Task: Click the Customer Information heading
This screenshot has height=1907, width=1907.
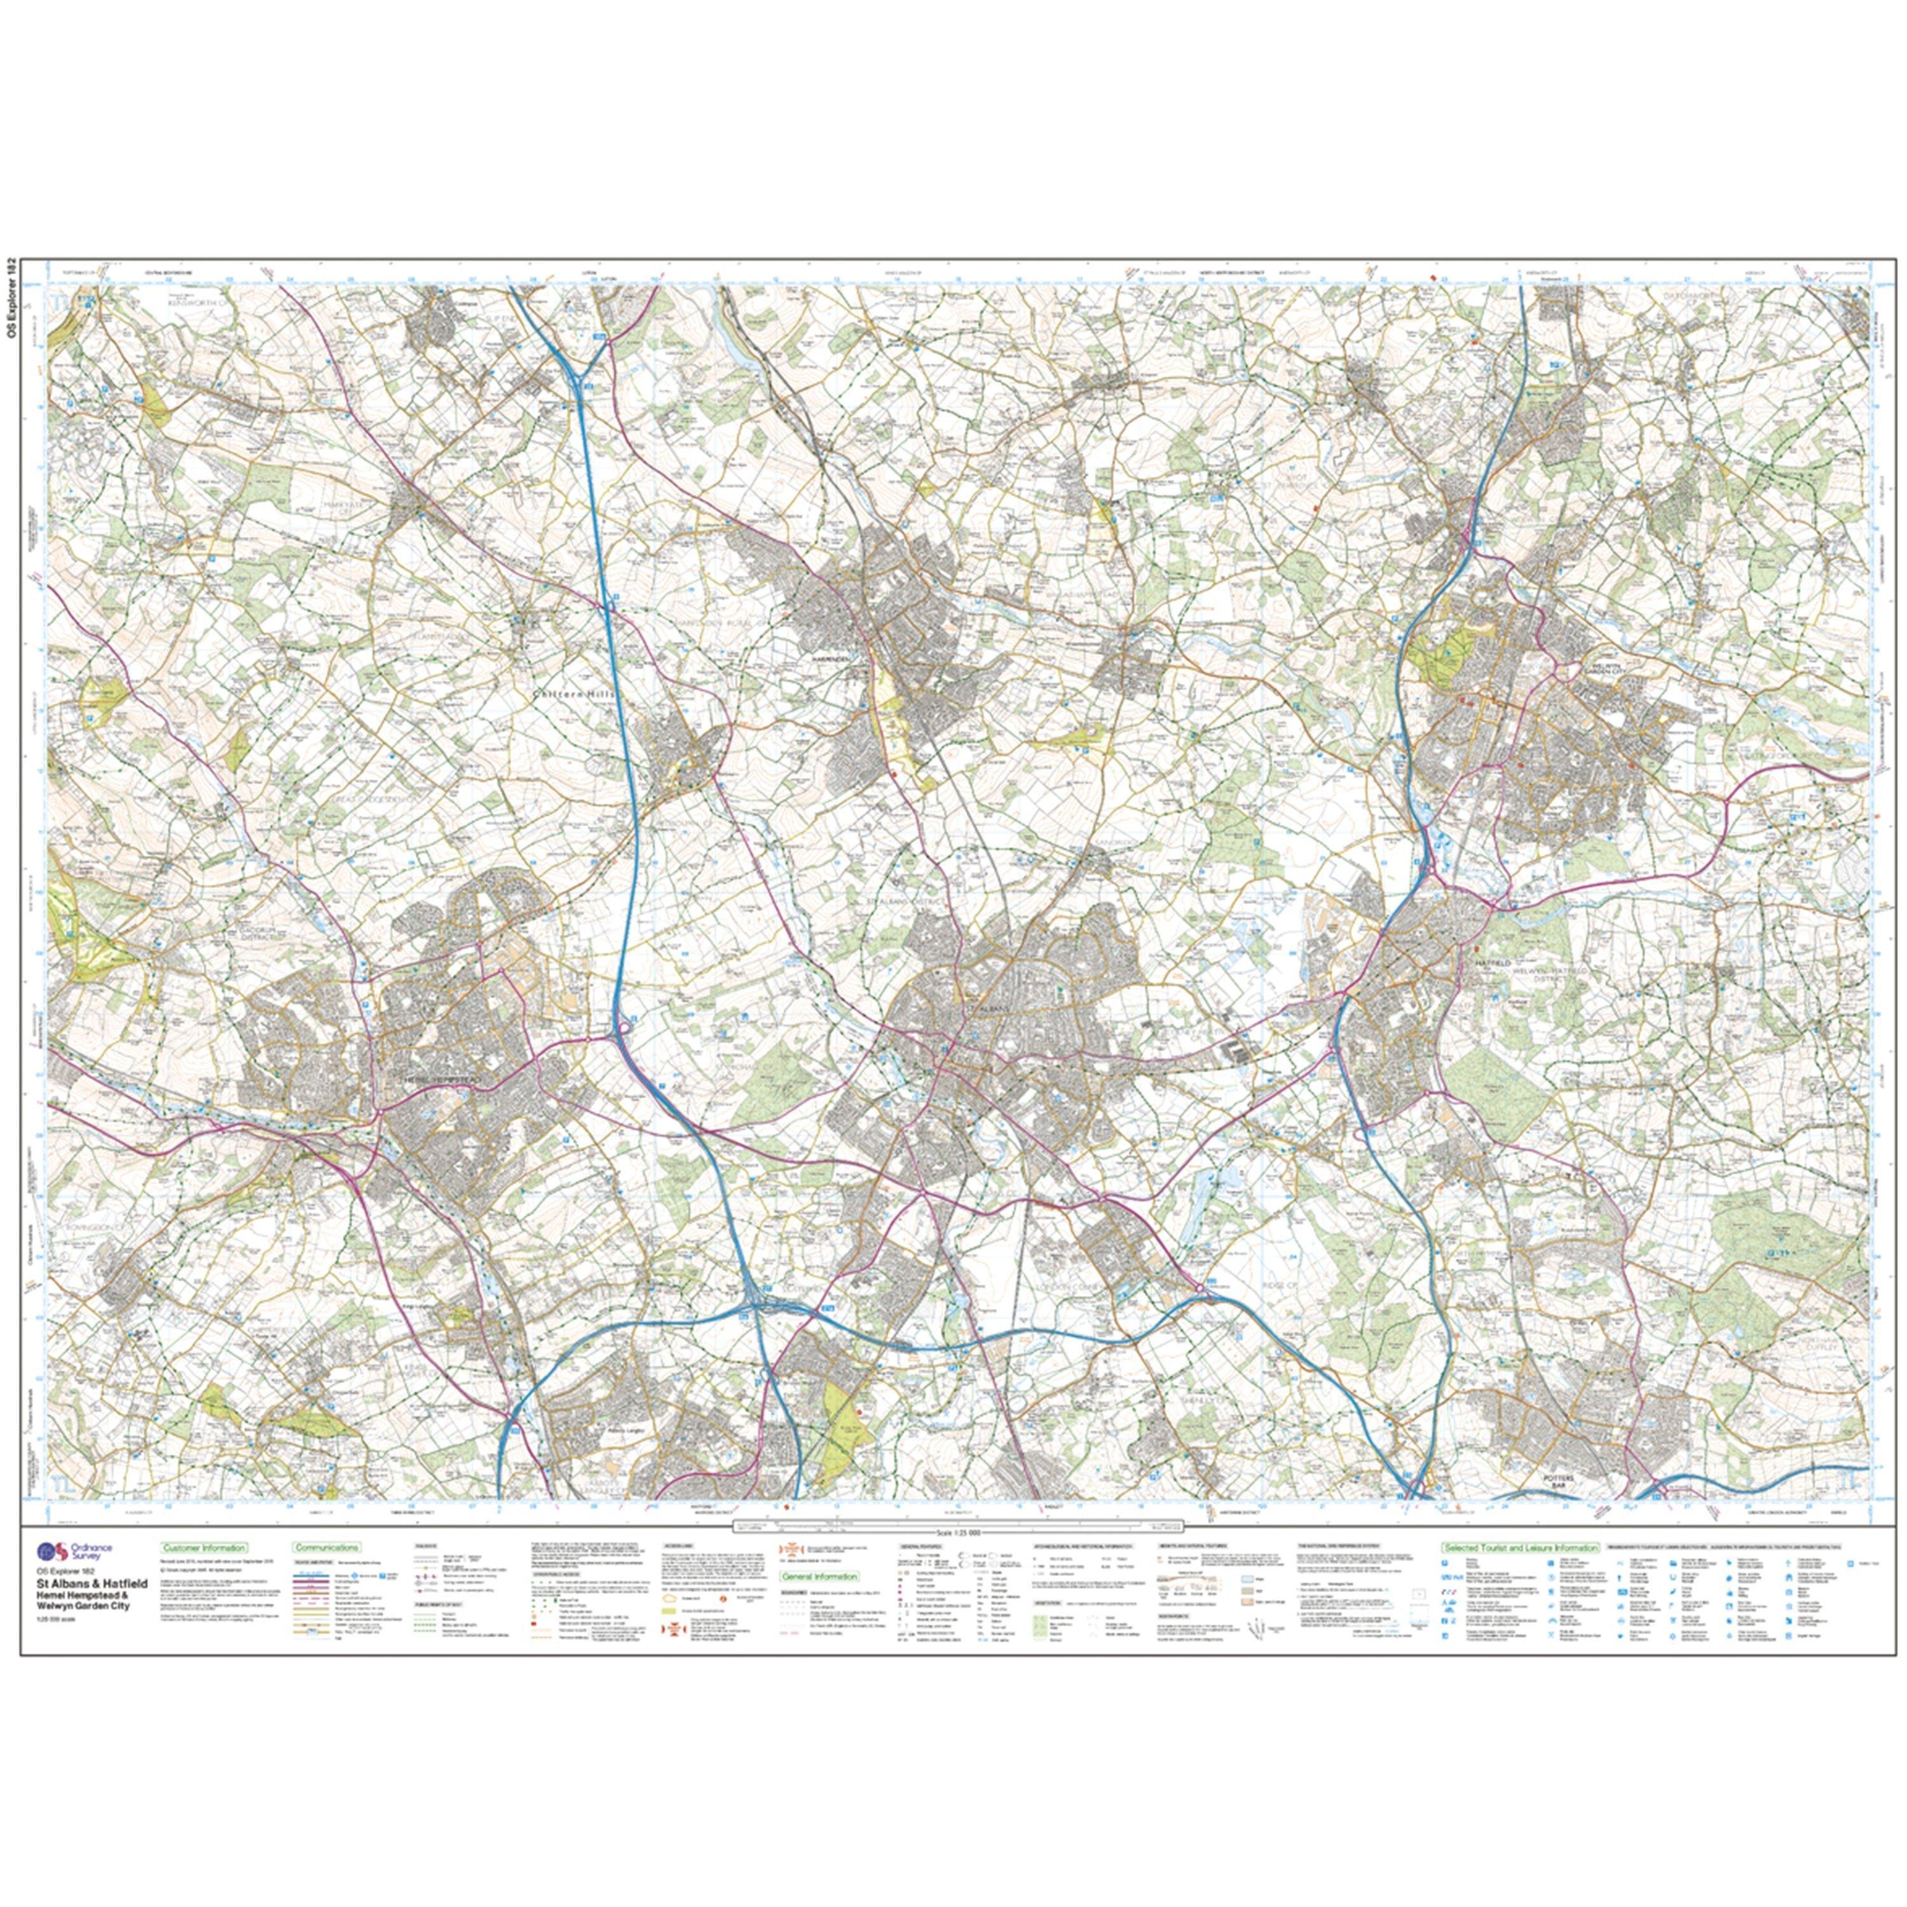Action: click(x=203, y=1548)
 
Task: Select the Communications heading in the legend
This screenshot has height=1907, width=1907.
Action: click(x=327, y=1548)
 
